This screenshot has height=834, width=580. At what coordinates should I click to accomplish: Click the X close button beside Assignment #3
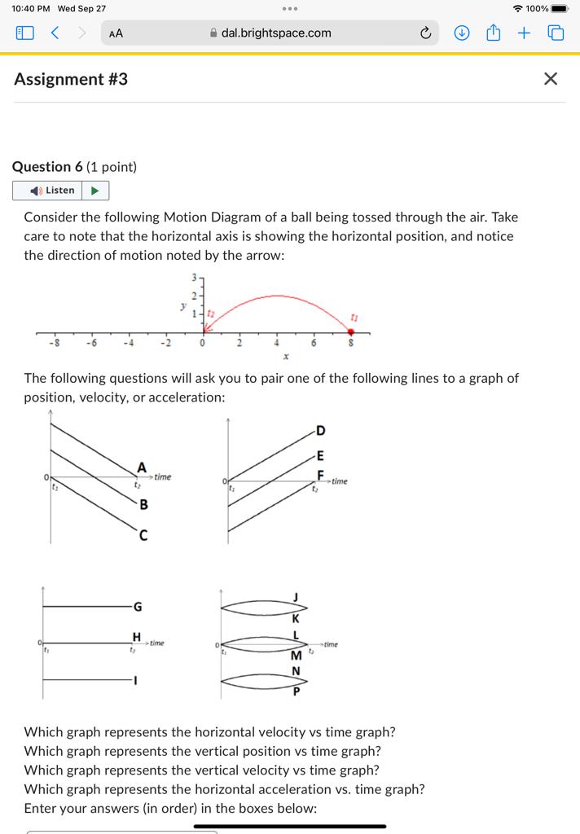tap(551, 79)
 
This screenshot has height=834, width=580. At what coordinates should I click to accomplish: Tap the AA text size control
tap(116, 33)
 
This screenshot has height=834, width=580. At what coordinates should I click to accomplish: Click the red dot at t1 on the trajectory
tap(351, 331)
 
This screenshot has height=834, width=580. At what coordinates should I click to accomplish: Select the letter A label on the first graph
tap(142, 467)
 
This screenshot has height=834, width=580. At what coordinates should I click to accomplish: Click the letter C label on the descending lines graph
tap(143, 534)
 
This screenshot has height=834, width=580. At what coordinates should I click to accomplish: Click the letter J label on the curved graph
tap(297, 598)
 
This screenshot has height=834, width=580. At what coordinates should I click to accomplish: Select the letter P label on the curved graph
tap(297, 692)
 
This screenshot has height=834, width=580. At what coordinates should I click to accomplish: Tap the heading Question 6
tap(74, 167)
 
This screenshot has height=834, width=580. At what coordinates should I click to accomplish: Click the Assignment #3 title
tap(71, 79)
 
